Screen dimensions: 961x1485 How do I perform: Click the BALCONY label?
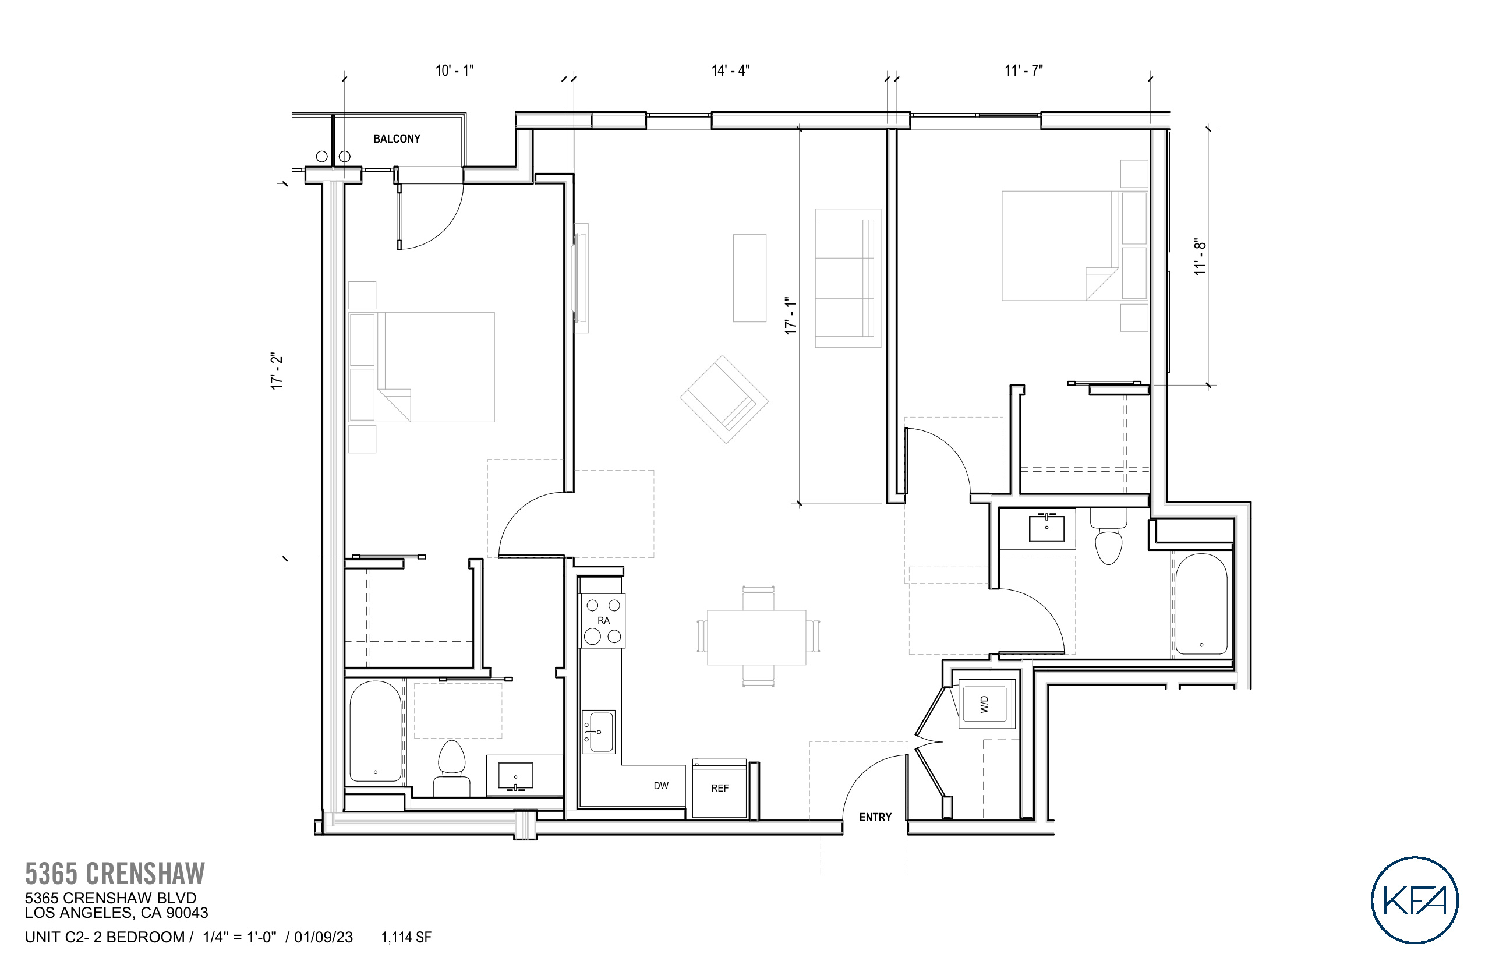(x=396, y=139)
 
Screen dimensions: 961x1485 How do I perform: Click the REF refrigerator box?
(x=719, y=788)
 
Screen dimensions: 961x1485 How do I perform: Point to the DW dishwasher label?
(x=661, y=786)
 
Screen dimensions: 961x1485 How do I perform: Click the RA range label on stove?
(x=603, y=620)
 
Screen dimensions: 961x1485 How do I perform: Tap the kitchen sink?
(x=599, y=732)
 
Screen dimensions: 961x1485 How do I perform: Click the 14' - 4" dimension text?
(x=730, y=70)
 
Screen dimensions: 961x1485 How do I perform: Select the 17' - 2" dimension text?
(x=277, y=372)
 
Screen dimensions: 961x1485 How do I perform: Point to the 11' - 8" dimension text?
(x=1200, y=256)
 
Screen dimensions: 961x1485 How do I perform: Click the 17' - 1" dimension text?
(x=791, y=316)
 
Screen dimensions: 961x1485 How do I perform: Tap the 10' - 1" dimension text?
(x=454, y=70)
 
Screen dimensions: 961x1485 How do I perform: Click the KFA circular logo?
(x=1415, y=899)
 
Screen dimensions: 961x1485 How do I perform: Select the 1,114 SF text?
(x=406, y=937)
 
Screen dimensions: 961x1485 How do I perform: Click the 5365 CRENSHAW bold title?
(x=115, y=874)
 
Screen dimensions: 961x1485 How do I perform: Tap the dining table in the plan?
(x=756, y=637)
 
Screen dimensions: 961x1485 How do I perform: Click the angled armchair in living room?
(x=724, y=400)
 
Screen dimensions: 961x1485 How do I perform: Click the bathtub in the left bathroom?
(x=375, y=732)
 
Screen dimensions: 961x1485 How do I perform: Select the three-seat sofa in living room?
(x=847, y=278)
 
